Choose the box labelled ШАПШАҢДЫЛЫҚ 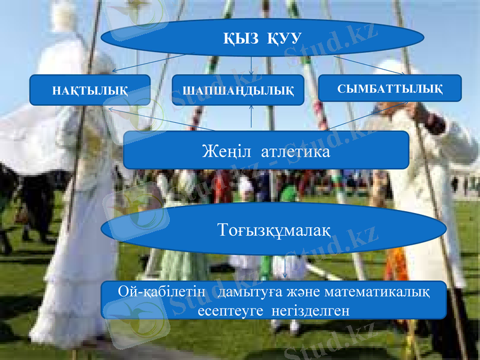pyautogui.click(x=238, y=91)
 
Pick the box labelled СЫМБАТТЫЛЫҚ pyautogui.click(x=390, y=89)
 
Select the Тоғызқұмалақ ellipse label pyautogui.click(x=274, y=229)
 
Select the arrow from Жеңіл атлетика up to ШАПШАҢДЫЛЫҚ pyautogui.click(x=251, y=116)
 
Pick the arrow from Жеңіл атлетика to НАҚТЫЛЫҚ pyautogui.click(x=162, y=119)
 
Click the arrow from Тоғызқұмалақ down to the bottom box pyautogui.click(x=284, y=268)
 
